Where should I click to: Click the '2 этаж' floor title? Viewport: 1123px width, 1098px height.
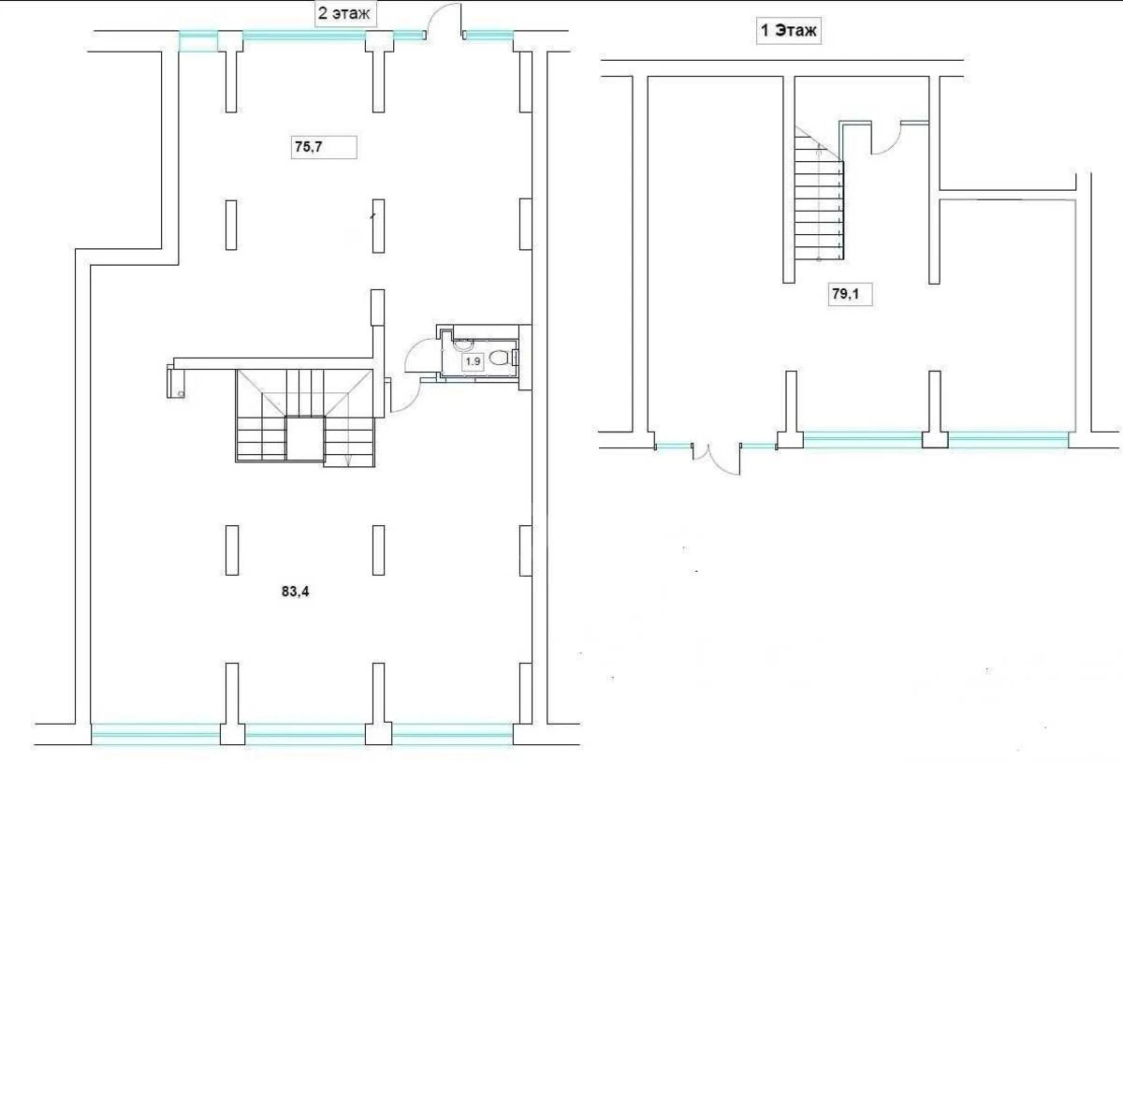pyautogui.click(x=346, y=15)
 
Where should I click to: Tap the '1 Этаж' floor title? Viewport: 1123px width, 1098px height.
pyautogui.click(x=788, y=31)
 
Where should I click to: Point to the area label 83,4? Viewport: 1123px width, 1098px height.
pyautogui.click(x=295, y=591)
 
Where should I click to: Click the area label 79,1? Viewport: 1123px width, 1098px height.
pyautogui.click(x=845, y=295)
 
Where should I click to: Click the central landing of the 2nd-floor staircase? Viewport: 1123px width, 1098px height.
pyautogui.click(x=304, y=439)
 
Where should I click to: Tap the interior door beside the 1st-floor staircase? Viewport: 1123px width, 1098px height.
pyautogui.click(x=885, y=139)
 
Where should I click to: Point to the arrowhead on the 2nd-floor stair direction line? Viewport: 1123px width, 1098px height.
pyautogui.click(x=348, y=461)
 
